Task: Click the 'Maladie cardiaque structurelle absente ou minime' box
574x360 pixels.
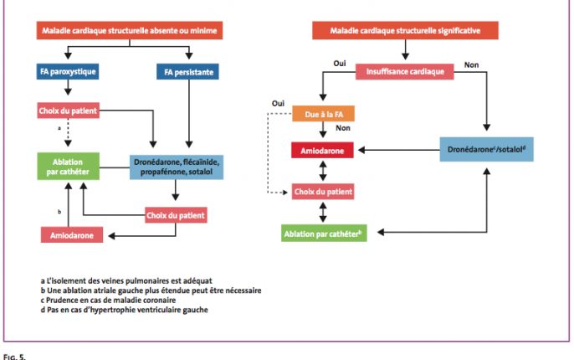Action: pyautogui.click(x=130, y=30)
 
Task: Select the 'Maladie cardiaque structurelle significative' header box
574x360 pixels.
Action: pyautogui.click(x=405, y=30)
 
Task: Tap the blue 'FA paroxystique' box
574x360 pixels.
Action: pyautogui.click(x=68, y=71)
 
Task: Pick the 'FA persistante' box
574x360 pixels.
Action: pyautogui.click(x=187, y=72)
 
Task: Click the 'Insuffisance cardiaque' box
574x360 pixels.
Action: pyautogui.click(x=405, y=71)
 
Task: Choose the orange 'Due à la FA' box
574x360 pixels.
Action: pyautogui.click(x=323, y=114)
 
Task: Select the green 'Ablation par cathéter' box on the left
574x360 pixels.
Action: pyautogui.click(x=68, y=167)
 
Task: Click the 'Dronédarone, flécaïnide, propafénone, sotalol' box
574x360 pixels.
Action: pyautogui.click(x=177, y=167)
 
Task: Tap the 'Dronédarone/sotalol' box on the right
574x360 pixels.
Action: pyautogui.click(x=486, y=149)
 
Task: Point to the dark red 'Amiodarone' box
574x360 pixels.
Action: pyautogui.click(x=322, y=150)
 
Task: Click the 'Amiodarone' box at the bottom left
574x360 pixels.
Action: pyautogui.click(x=72, y=234)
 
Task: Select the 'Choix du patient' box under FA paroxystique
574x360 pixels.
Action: pyautogui.click(x=68, y=111)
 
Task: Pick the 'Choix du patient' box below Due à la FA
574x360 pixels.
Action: pyautogui.click(x=323, y=192)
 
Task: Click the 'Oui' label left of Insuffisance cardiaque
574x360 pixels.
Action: pyautogui.click(x=340, y=64)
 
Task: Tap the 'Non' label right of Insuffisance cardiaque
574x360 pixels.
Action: pyautogui.click(x=472, y=64)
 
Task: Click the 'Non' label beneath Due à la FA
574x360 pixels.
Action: pyautogui.click(x=343, y=128)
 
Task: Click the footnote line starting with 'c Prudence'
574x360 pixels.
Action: pyautogui.click(x=109, y=300)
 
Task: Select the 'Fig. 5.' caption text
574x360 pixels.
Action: pyautogui.click(x=15, y=357)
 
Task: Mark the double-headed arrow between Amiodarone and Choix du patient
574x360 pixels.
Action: pyautogui.click(x=323, y=171)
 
